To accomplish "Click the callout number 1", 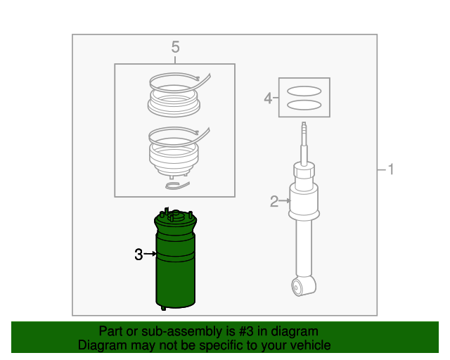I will pyautogui.click(x=391, y=169).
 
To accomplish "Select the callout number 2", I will pyautogui.click(x=274, y=202).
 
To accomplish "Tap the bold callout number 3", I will pyautogui.click(x=139, y=255).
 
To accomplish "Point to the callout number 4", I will pyautogui.click(x=268, y=98).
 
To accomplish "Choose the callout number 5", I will pyautogui.click(x=175, y=47).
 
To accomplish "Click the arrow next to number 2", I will pyautogui.click(x=285, y=202).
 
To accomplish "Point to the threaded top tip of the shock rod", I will pyautogui.click(x=303, y=128).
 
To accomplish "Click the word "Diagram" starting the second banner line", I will pyautogui.click(x=100, y=345).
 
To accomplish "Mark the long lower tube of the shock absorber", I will pyautogui.click(x=304, y=246).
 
